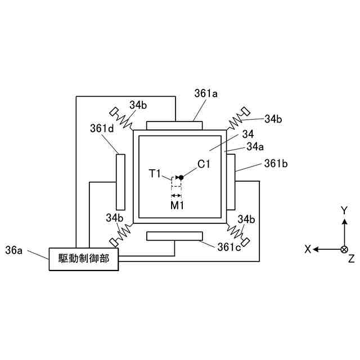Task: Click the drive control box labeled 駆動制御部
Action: [85, 259]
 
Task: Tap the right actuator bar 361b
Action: [231, 181]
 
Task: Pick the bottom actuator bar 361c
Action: [174, 236]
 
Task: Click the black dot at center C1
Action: [181, 178]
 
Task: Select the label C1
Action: [204, 164]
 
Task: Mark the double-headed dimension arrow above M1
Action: [177, 195]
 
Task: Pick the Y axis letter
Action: [344, 210]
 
